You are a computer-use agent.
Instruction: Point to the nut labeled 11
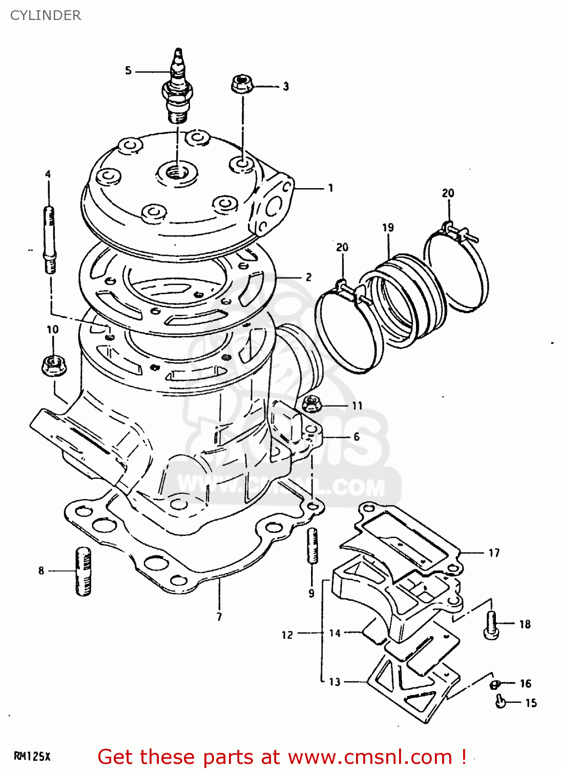tap(311, 404)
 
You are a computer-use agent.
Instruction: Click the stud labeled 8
tap(84, 571)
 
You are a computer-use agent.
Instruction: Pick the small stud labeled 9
tap(312, 546)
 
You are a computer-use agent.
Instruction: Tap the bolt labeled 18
tap(491, 625)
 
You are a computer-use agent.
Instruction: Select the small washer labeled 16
tap(495, 684)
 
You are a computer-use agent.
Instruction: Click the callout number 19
tap(388, 227)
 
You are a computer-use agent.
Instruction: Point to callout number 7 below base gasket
tap(219, 617)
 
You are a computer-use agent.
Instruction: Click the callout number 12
tap(287, 635)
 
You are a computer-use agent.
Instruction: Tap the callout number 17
tap(494, 553)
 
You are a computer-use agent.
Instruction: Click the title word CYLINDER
tap(46, 15)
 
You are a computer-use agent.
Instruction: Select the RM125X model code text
tap(32, 756)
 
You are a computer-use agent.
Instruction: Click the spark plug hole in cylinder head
tap(177, 172)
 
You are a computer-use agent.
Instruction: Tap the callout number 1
tap(330, 188)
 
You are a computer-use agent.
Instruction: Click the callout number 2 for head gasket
tap(308, 277)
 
